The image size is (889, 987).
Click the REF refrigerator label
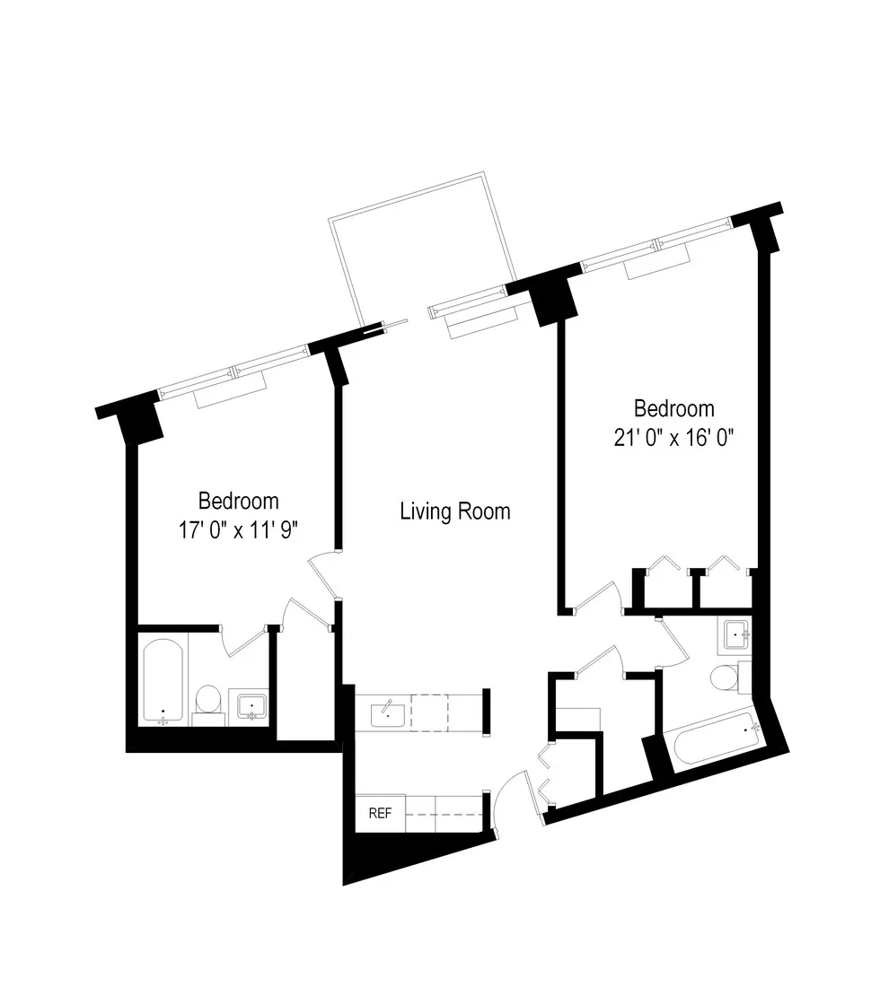click(x=380, y=814)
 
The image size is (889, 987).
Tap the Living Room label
click(x=454, y=511)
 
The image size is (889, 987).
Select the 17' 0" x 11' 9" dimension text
click(x=238, y=530)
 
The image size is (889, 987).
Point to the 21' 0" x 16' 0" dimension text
click(x=673, y=439)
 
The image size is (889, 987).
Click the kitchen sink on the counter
click(x=387, y=714)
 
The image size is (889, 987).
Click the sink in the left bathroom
click(x=249, y=706)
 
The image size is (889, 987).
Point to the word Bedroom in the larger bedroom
click(x=673, y=409)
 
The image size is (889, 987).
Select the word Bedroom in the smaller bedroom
click(x=238, y=501)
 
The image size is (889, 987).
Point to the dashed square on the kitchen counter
click(x=429, y=713)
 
